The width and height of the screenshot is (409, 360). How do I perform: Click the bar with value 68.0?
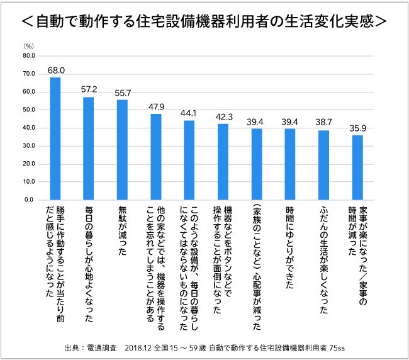coord(55,138)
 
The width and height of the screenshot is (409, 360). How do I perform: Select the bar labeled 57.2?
coord(89,149)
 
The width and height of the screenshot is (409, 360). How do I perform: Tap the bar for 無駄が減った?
coord(122,150)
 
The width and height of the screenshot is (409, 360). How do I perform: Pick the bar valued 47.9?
coord(156,157)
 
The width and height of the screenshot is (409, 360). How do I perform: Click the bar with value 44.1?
coord(189,160)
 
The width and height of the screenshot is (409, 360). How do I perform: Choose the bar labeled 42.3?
coord(223,162)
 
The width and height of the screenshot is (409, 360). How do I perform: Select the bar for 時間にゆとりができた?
coord(290,164)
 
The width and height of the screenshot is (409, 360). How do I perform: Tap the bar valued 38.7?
coord(323,165)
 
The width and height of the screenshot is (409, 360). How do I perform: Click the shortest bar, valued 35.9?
coord(357,167)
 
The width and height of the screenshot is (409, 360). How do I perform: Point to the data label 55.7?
coord(122,93)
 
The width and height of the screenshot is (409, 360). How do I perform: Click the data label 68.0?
coord(55,70)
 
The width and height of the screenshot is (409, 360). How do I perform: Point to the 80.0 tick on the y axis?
coord(28,55)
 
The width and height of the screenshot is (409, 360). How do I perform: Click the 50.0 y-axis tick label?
coord(28,110)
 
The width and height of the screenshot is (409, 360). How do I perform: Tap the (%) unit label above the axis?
coord(28,46)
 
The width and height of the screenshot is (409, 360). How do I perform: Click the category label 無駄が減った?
coord(122,229)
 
